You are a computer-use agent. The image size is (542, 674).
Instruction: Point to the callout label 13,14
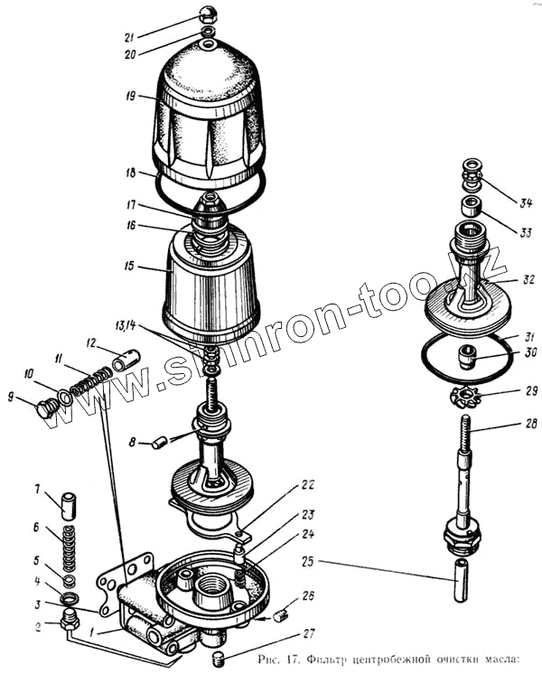click(x=126, y=326)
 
